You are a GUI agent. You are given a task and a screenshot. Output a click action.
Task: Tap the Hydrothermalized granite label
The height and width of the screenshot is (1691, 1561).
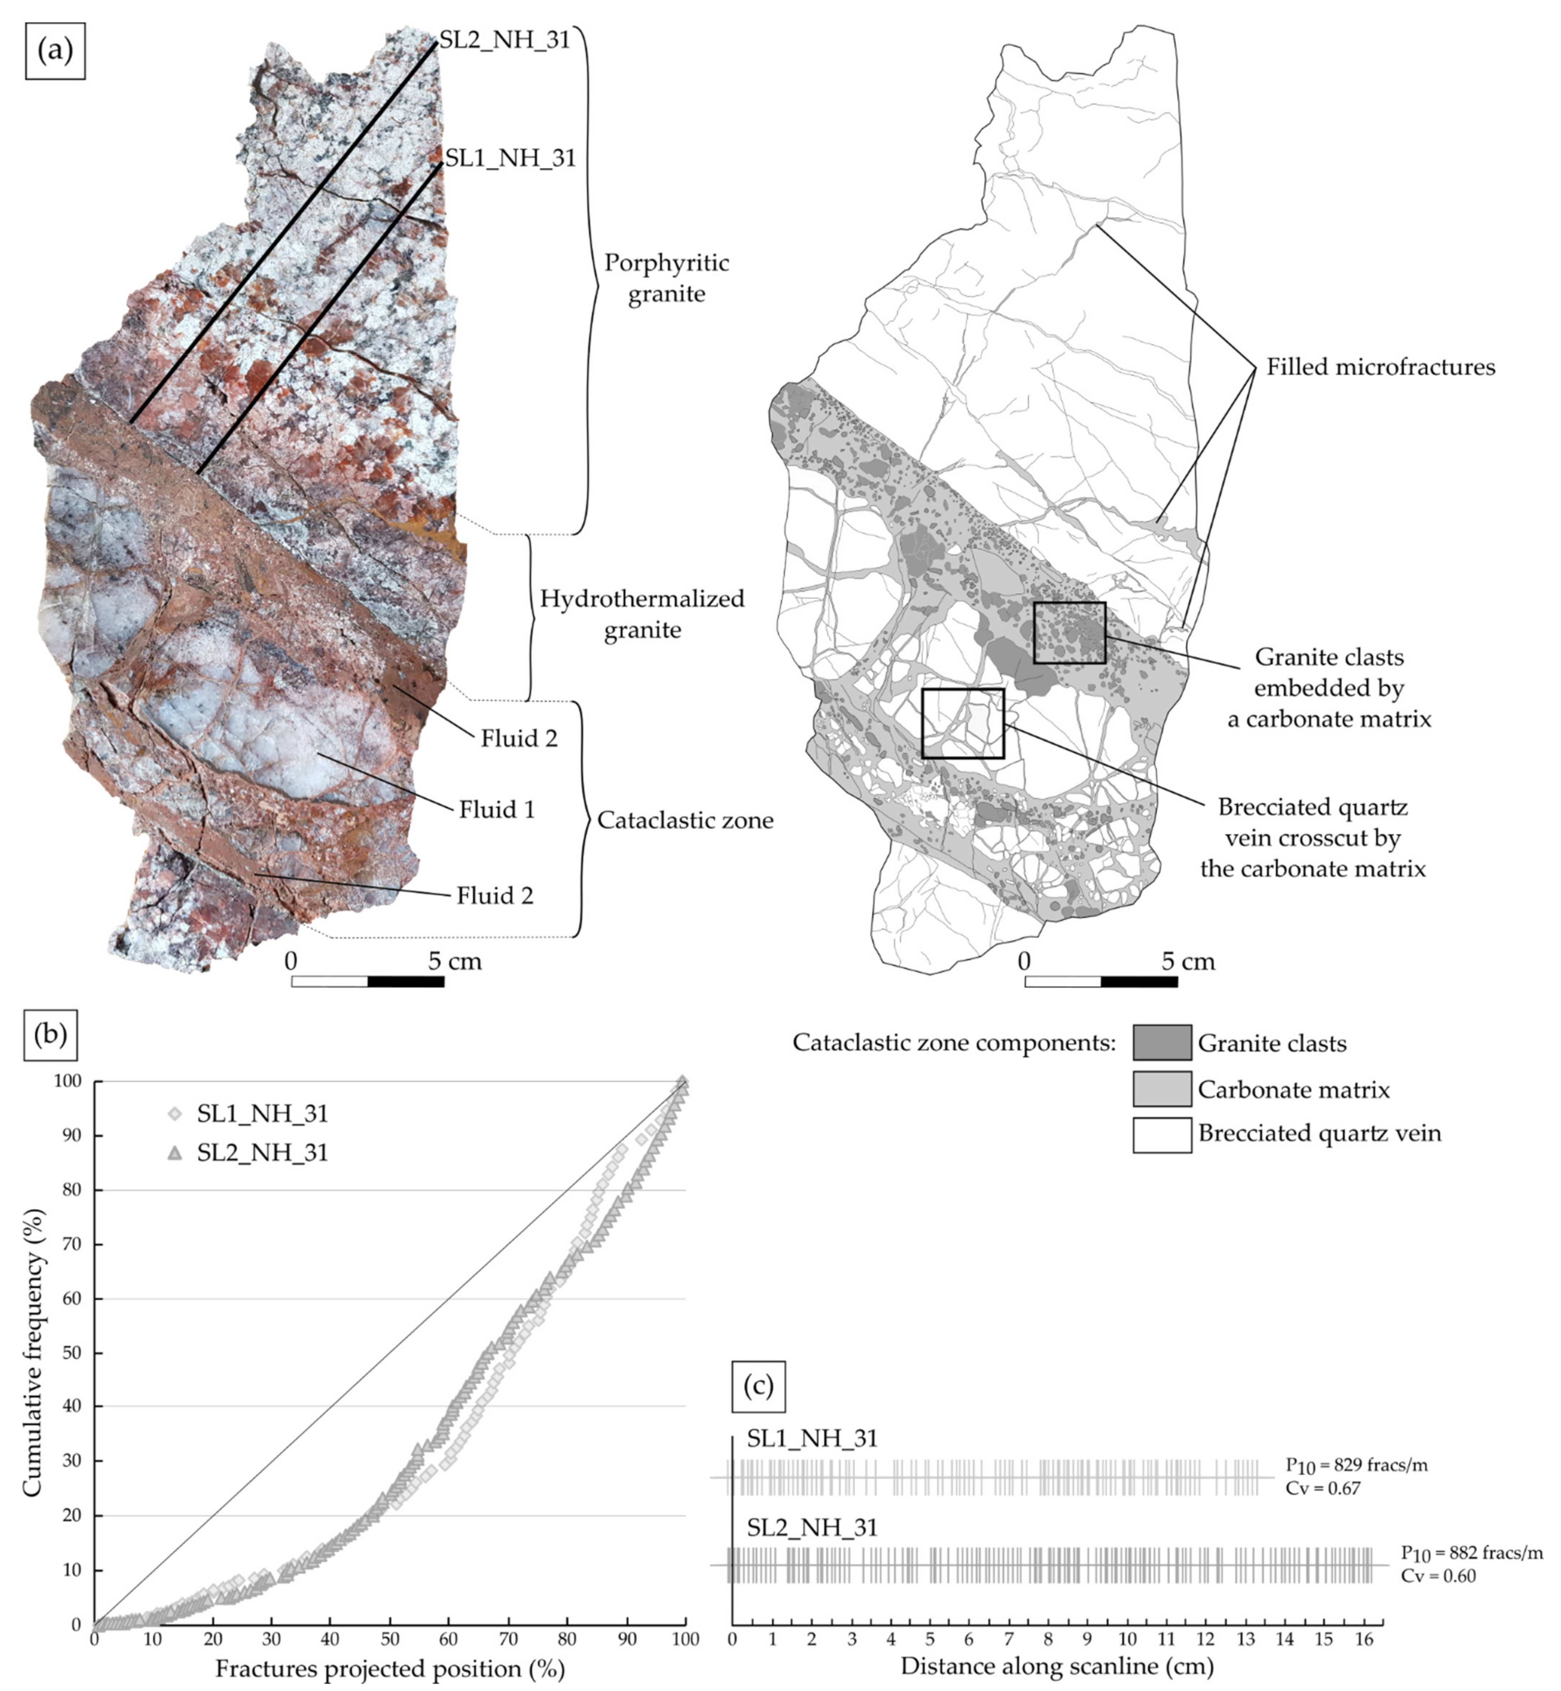coord(642,614)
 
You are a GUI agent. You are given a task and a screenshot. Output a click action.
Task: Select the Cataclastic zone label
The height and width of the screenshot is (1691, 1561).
coord(685,820)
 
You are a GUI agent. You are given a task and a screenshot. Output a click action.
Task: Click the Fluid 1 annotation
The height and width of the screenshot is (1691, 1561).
coord(497,809)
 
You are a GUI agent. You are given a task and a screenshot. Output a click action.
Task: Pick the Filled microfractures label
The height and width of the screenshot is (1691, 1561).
coord(1380,367)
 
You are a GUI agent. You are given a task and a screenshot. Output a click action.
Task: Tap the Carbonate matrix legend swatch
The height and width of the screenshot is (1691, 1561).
coord(1161,1089)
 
